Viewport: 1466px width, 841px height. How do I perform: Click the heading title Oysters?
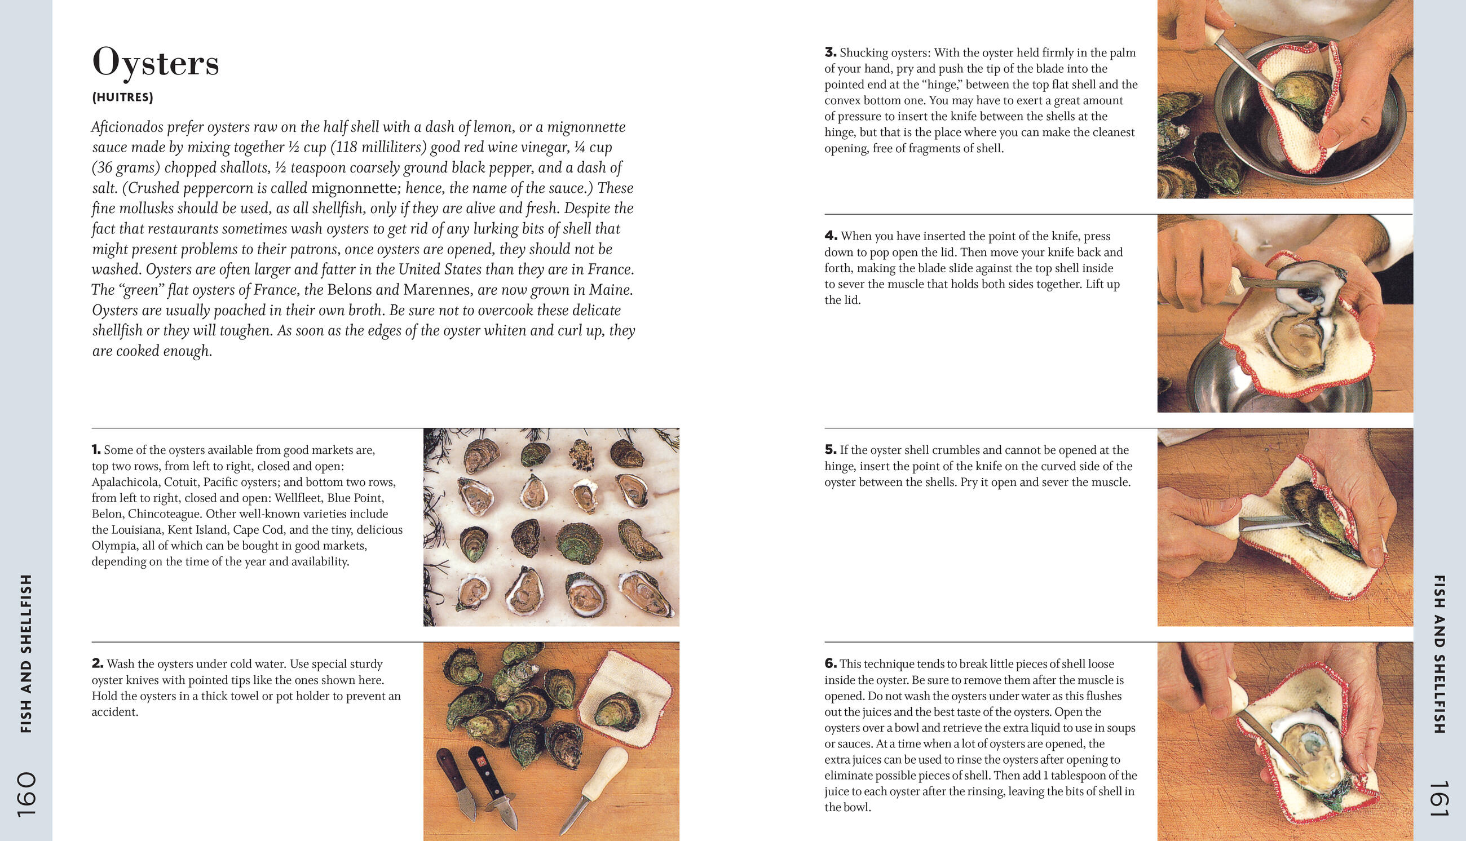click(156, 63)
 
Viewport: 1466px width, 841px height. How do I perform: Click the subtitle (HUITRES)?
click(122, 97)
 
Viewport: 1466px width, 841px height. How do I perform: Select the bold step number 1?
click(96, 449)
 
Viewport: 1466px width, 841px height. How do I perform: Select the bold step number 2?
click(97, 663)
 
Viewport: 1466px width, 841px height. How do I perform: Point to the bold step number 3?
click(830, 52)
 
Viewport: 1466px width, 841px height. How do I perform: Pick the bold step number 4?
click(831, 236)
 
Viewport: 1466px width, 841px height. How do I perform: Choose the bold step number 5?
click(830, 449)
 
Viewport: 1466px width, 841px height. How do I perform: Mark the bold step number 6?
click(830, 663)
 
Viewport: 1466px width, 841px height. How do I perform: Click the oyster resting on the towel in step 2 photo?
click(617, 710)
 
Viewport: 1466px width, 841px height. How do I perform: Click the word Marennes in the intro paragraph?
click(436, 289)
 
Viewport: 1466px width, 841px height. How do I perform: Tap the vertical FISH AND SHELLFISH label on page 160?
click(26, 653)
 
